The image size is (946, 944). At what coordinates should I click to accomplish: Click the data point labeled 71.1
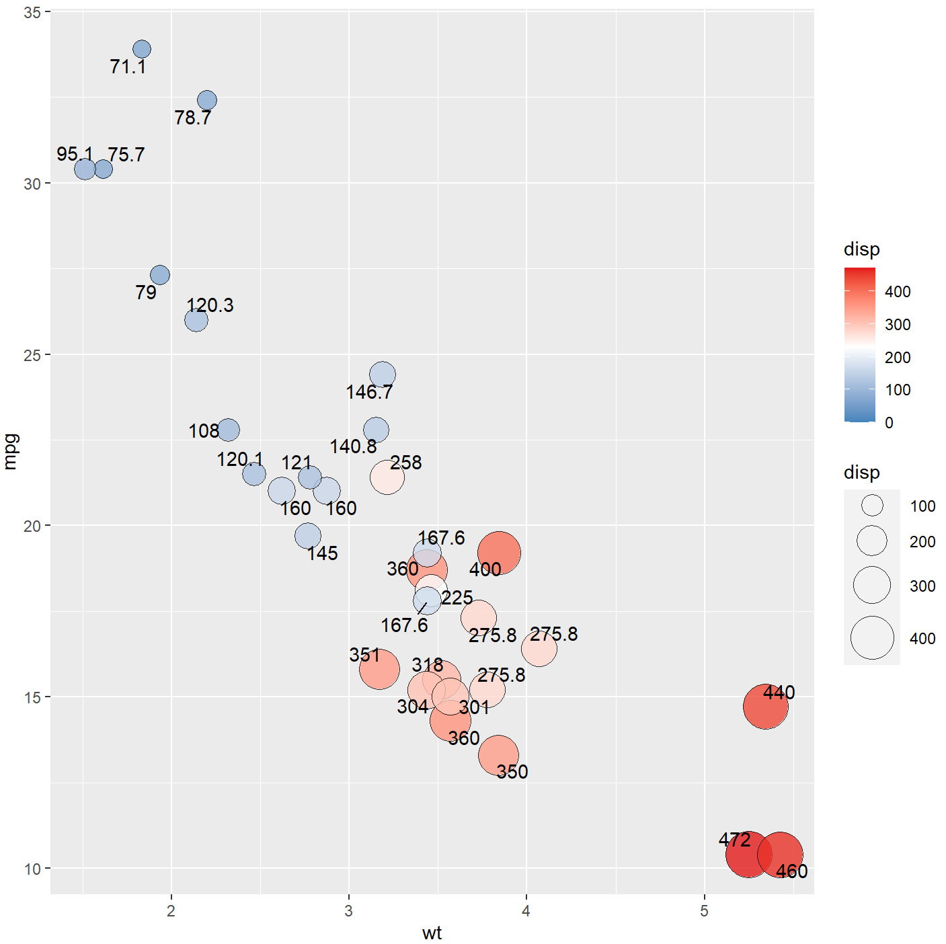(142, 49)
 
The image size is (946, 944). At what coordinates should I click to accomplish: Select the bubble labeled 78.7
(207, 100)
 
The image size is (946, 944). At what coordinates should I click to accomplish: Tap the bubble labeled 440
(765, 707)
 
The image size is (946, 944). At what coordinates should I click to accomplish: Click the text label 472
(734, 840)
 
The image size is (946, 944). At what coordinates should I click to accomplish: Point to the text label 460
(791, 871)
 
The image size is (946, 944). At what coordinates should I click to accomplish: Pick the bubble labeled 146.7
(383, 375)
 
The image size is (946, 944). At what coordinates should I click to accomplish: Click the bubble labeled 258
(387, 477)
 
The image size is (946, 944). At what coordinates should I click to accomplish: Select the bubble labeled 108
(229, 430)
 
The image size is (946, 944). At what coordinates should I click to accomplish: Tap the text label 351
(364, 655)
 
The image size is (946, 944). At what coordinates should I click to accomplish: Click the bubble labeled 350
(498, 755)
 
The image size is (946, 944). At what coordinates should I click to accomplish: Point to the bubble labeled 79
(160, 275)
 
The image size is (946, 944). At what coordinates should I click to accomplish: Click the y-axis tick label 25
(32, 355)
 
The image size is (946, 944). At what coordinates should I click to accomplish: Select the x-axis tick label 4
(526, 911)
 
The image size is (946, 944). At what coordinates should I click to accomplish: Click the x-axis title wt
(432, 933)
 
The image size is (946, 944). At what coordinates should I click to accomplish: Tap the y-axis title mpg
(11, 451)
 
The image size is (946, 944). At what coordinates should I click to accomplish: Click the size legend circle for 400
(872, 638)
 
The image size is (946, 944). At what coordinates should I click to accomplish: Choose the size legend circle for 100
(872, 506)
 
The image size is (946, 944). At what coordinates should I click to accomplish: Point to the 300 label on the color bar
(898, 325)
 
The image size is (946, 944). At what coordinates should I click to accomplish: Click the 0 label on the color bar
(889, 423)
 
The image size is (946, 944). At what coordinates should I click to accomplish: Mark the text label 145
(322, 553)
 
